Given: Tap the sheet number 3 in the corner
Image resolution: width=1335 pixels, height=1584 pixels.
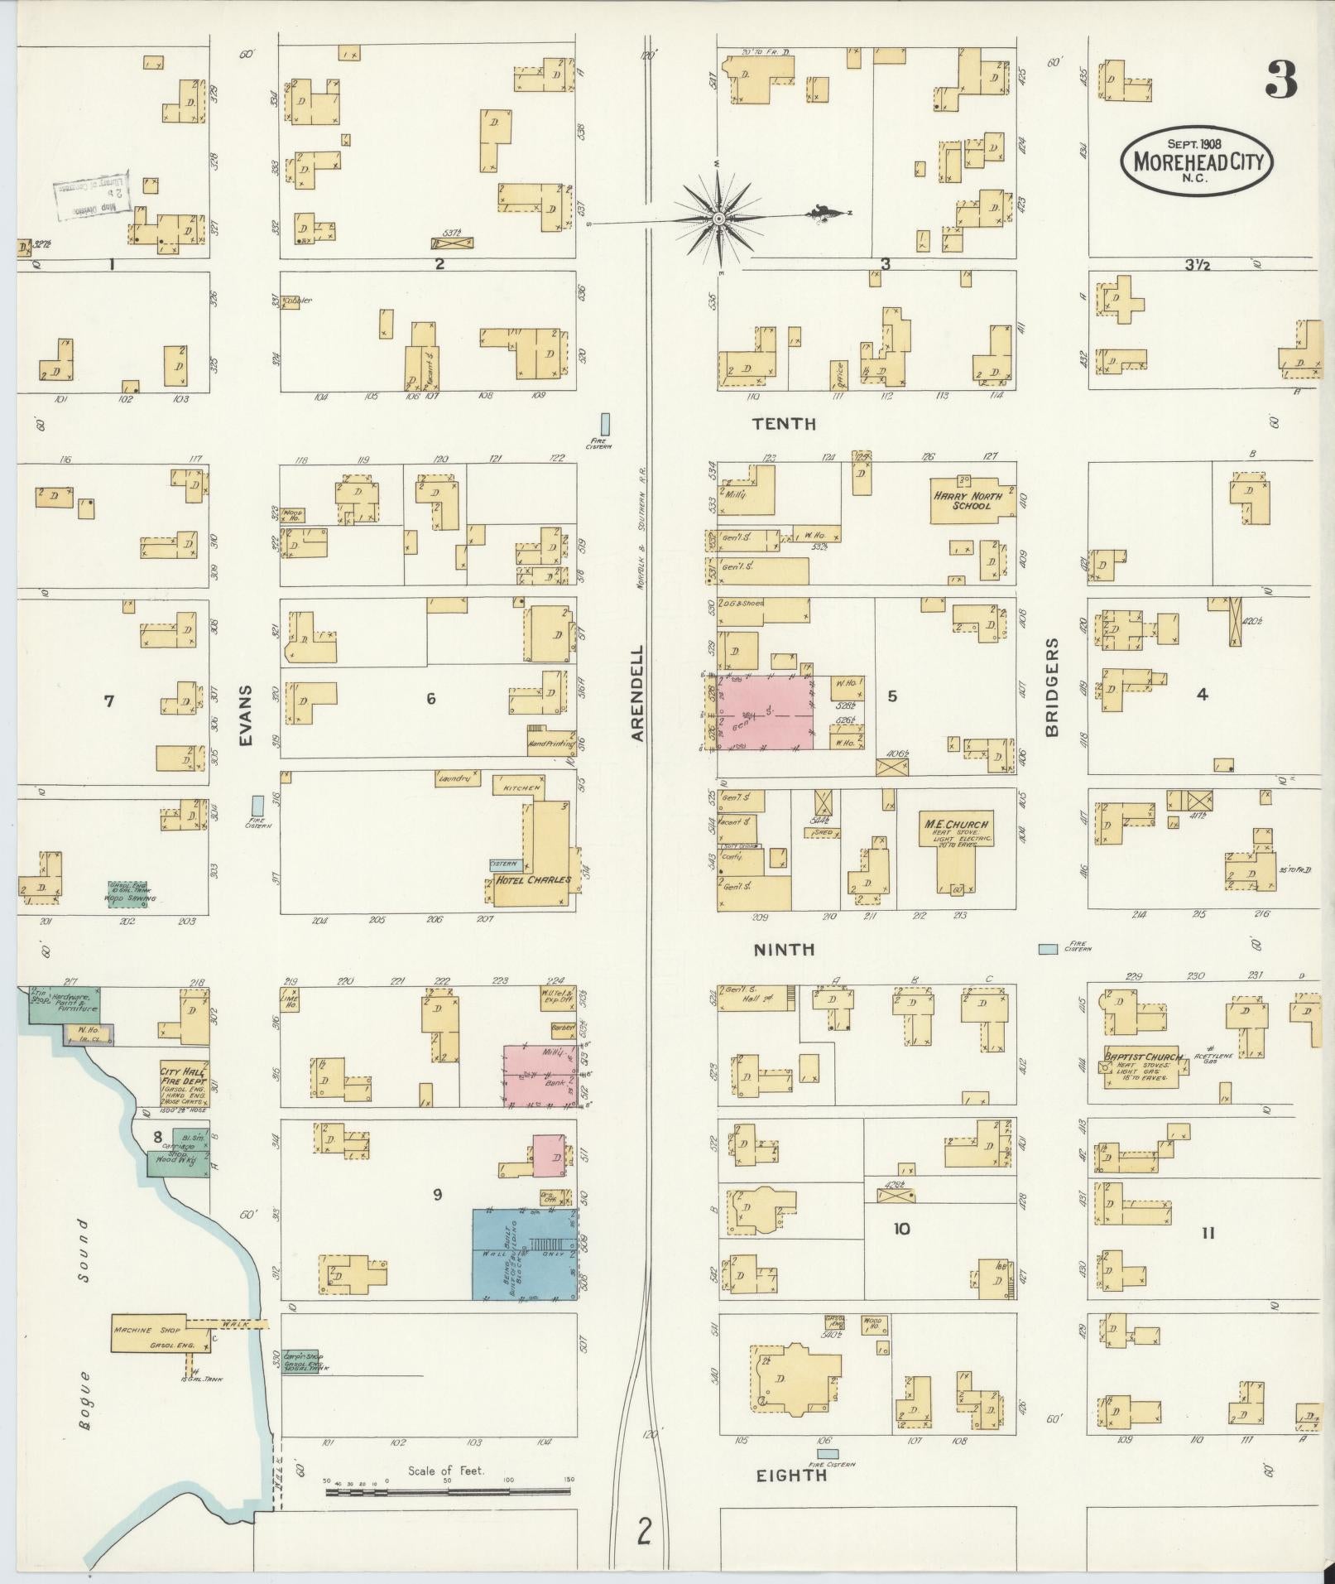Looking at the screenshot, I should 1280,80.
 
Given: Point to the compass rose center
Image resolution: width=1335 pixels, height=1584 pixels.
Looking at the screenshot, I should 718,219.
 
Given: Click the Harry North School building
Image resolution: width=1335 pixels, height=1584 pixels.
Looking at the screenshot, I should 972,501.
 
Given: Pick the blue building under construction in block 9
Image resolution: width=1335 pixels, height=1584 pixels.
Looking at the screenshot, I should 525,1254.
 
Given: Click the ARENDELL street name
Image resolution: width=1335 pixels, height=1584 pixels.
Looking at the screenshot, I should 637,693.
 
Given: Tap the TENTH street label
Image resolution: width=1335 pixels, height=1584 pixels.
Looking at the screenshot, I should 783,424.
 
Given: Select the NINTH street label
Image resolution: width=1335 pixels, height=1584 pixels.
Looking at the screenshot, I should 784,950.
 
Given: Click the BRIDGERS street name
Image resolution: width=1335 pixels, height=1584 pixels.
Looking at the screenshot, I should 1051,687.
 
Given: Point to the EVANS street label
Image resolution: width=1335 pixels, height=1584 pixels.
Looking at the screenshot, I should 247,716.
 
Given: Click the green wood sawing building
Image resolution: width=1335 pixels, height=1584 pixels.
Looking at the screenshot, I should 127,894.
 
